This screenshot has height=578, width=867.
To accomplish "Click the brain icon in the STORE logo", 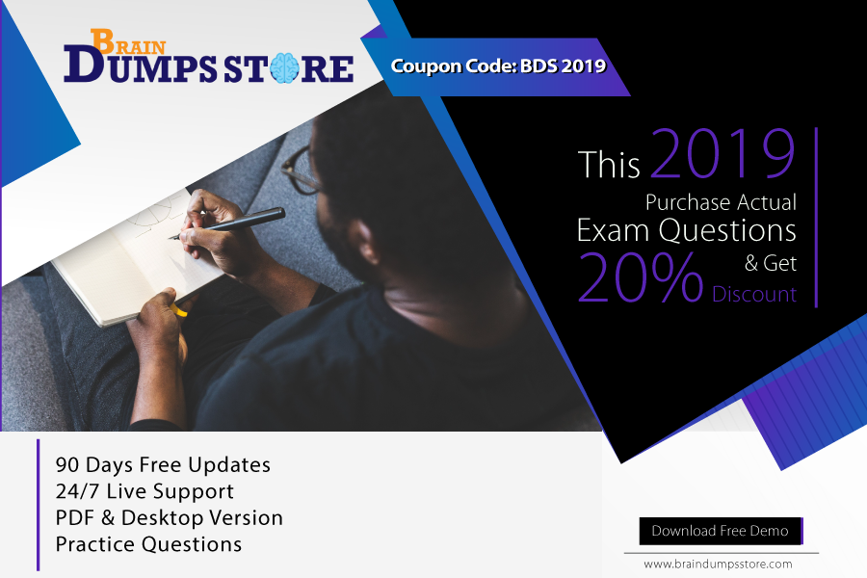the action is coord(285,68).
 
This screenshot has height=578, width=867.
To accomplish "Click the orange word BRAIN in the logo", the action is coord(128,42).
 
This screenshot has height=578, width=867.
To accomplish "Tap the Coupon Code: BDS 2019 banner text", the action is coord(498,66).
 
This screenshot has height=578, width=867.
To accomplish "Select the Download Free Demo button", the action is coord(721,531).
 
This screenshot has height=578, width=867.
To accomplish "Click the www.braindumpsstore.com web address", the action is coord(718,565).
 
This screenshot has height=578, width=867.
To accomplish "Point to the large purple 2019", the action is coord(722,153).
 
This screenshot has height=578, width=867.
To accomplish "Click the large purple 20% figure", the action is coord(640,277).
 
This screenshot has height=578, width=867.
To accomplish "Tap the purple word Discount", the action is coord(754,294).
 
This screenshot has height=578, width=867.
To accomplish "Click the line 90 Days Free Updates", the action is coord(163,465).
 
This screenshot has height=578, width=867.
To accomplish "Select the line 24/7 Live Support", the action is coord(144,491).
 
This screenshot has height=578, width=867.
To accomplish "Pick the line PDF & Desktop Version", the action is coord(170,517).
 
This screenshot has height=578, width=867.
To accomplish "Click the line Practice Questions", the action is coord(148,544).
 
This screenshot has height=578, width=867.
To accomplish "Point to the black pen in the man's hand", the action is coord(227,223).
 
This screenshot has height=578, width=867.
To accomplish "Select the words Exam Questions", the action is coord(686,230).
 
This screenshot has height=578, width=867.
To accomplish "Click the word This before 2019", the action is coord(609,165).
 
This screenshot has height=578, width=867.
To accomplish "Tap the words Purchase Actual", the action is coord(721,202).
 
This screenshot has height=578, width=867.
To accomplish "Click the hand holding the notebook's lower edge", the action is coord(160,315).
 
